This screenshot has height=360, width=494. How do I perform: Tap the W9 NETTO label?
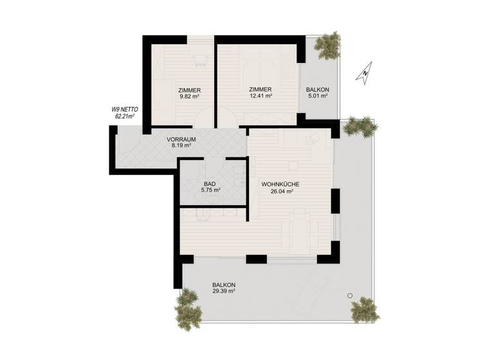124,110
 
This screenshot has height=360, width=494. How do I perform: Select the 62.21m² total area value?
124,117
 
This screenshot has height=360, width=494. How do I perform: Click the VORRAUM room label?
181,139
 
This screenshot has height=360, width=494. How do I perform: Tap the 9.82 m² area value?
190,96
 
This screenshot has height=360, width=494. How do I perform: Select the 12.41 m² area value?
260,96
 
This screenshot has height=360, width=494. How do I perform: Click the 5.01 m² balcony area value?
318,96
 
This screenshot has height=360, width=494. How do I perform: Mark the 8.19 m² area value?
181,146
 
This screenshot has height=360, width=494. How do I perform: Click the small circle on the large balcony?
349,295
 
